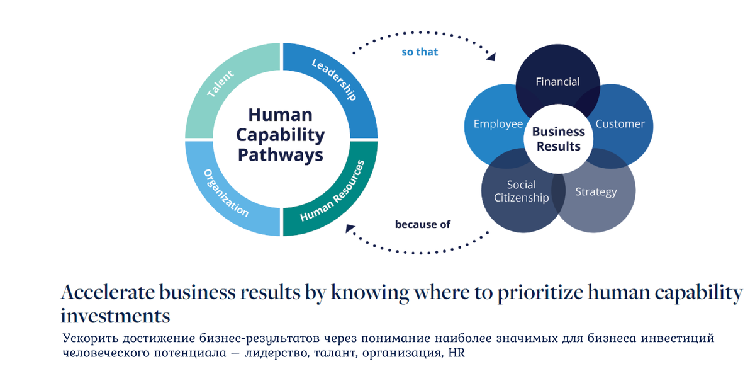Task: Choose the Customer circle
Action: [620, 123]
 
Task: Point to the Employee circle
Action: [498, 124]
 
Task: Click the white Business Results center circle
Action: [558, 139]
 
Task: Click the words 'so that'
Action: [420, 52]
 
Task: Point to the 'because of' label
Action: [423, 224]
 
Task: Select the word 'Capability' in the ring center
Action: [281, 135]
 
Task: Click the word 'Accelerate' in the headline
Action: [106, 293]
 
